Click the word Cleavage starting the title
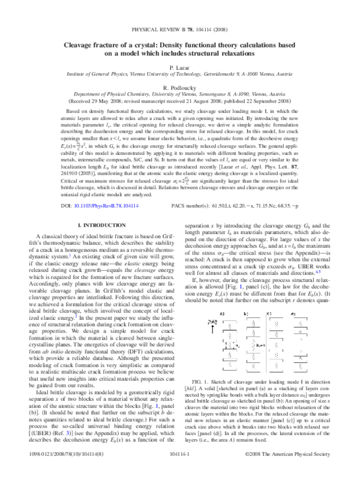[83, 44]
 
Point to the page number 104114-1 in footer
[179, 473]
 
